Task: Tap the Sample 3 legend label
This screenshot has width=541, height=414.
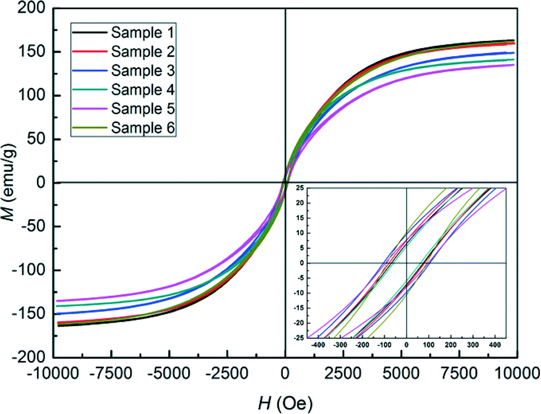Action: [x=142, y=71]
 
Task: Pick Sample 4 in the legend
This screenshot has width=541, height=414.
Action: [x=142, y=90]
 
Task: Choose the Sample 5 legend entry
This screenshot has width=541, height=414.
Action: [x=142, y=109]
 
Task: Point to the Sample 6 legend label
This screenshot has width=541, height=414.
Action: [x=142, y=128]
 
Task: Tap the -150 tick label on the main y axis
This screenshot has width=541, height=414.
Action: [x=30, y=314]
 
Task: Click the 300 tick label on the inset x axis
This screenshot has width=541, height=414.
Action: [x=473, y=344]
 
